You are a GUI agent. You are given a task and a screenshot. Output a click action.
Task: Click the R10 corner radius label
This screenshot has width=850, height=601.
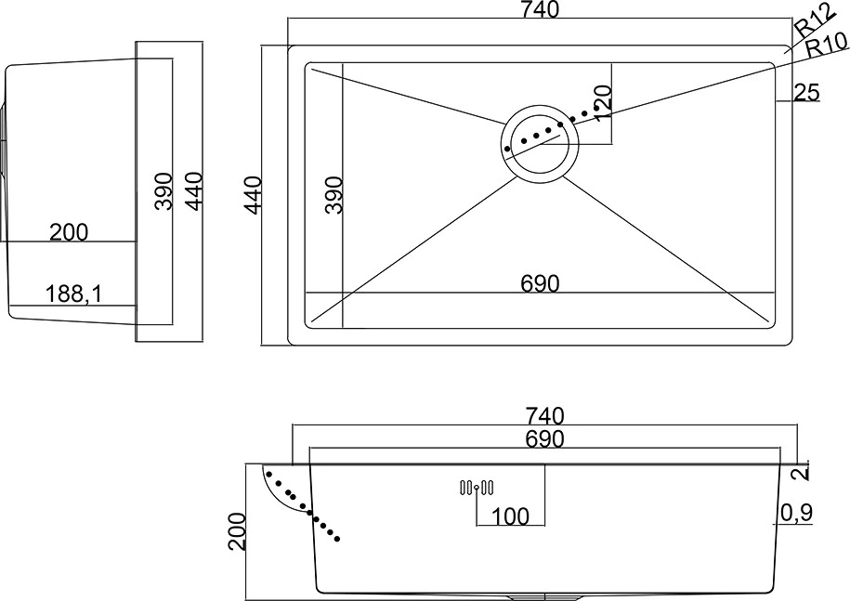[x=826, y=46]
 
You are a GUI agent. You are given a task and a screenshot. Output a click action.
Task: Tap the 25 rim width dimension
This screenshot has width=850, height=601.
[x=806, y=92]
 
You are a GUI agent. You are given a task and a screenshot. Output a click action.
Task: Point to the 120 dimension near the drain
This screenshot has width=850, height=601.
[x=603, y=103]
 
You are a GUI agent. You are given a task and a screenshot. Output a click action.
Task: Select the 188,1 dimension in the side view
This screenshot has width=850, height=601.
[x=73, y=294]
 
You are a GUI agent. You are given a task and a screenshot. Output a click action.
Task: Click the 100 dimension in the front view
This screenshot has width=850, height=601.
[x=510, y=516]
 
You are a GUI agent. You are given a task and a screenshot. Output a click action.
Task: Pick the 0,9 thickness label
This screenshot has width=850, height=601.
[x=796, y=512]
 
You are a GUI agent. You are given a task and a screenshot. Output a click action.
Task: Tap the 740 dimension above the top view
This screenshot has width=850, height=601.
[x=540, y=9]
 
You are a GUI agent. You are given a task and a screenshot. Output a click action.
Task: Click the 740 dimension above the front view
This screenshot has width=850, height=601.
[x=544, y=416]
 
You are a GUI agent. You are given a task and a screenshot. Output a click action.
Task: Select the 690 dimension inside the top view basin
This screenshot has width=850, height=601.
[x=540, y=283]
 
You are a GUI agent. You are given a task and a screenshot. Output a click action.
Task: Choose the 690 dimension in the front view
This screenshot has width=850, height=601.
[x=544, y=439]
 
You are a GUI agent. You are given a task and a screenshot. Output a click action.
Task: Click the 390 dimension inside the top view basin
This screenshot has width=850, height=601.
[x=334, y=195]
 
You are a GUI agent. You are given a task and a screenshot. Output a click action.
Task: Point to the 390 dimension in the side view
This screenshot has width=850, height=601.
[x=163, y=191]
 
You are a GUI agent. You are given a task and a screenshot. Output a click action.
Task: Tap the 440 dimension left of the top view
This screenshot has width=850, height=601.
[x=254, y=195]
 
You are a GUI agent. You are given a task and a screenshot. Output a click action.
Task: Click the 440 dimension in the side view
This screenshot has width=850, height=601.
[x=193, y=191]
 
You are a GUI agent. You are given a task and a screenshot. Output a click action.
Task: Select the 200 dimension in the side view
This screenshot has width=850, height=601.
[x=69, y=232]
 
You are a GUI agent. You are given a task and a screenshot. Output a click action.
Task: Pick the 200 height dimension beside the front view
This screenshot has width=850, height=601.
[x=237, y=531]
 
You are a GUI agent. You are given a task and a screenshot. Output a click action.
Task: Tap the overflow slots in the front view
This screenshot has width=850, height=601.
[x=477, y=488]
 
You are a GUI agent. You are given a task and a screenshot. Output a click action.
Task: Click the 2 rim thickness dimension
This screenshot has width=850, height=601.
[x=802, y=473]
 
